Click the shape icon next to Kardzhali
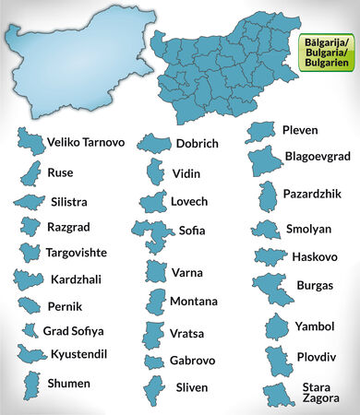(x=28, y=279)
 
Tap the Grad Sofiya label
(x=74, y=330)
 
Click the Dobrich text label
(x=198, y=144)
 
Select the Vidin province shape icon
(x=154, y=172)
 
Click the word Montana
(x=194, y=302)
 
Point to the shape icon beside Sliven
(x=153, y=388)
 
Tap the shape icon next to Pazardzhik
(x=270, y=196)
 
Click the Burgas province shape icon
(x=270, y=288)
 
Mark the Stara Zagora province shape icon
(x=274, y=395)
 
